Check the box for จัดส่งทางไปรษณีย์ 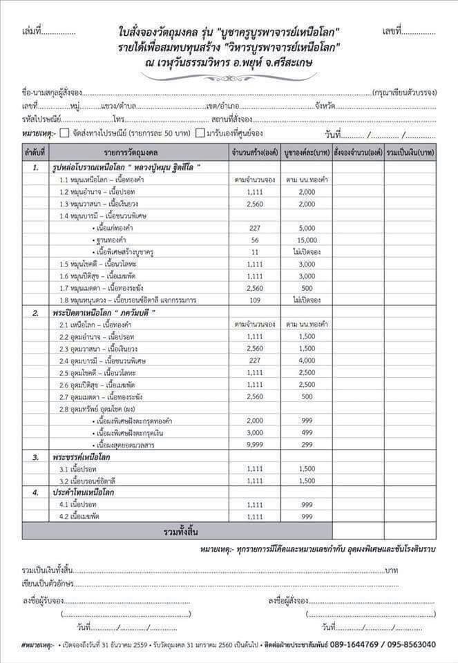click(x=64, y=133)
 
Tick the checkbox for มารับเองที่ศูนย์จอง click(x=200, y=133)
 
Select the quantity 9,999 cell click(x=255, y=444)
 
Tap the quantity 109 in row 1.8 click(x=255, y=300)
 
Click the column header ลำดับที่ click(x=35, y=151)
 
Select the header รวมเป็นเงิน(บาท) click(x=410, y=151)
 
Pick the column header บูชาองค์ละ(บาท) click(x=306, y=151)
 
